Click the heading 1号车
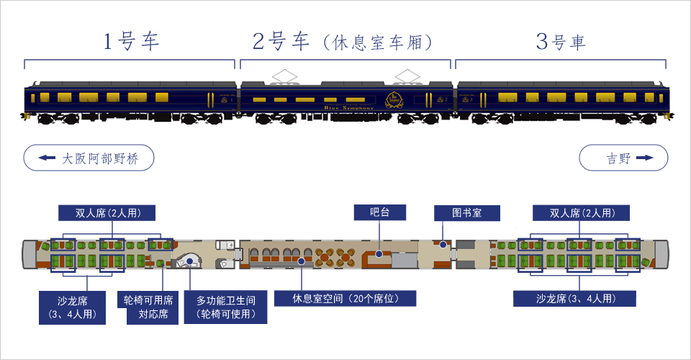pos(130,42)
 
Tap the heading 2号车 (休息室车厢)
pos(343,42)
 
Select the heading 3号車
pos(561,42)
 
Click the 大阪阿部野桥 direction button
pos(89,158)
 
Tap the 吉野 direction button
pos(623,158)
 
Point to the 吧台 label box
pos(379,212)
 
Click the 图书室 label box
pos(466,212)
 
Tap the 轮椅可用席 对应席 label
pos(148,307)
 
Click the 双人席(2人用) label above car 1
pos(107,212)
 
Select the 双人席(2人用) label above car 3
pos(581,212)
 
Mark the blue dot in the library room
pos(443,245)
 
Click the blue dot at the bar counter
pos(379,253)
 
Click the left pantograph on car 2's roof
pos(285,75)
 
